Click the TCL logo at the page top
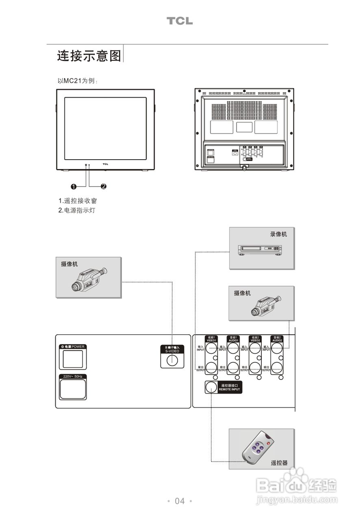click(180, 21)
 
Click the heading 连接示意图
click(89, 56)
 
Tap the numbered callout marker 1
click(74, 186)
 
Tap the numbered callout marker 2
click(104, 186)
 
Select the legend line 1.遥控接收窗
click(78, 201)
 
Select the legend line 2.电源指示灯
click(77, 210)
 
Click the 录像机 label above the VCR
click(278, 234)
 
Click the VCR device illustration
click(260, 250)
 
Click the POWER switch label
click(73, 347)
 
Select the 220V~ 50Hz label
click(73, 377)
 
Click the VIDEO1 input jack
click(211, 348)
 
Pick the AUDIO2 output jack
click(277, 368)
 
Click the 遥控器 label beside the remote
click(279, 463)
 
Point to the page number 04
click(180, 501)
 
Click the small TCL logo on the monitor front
click(105, 165)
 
